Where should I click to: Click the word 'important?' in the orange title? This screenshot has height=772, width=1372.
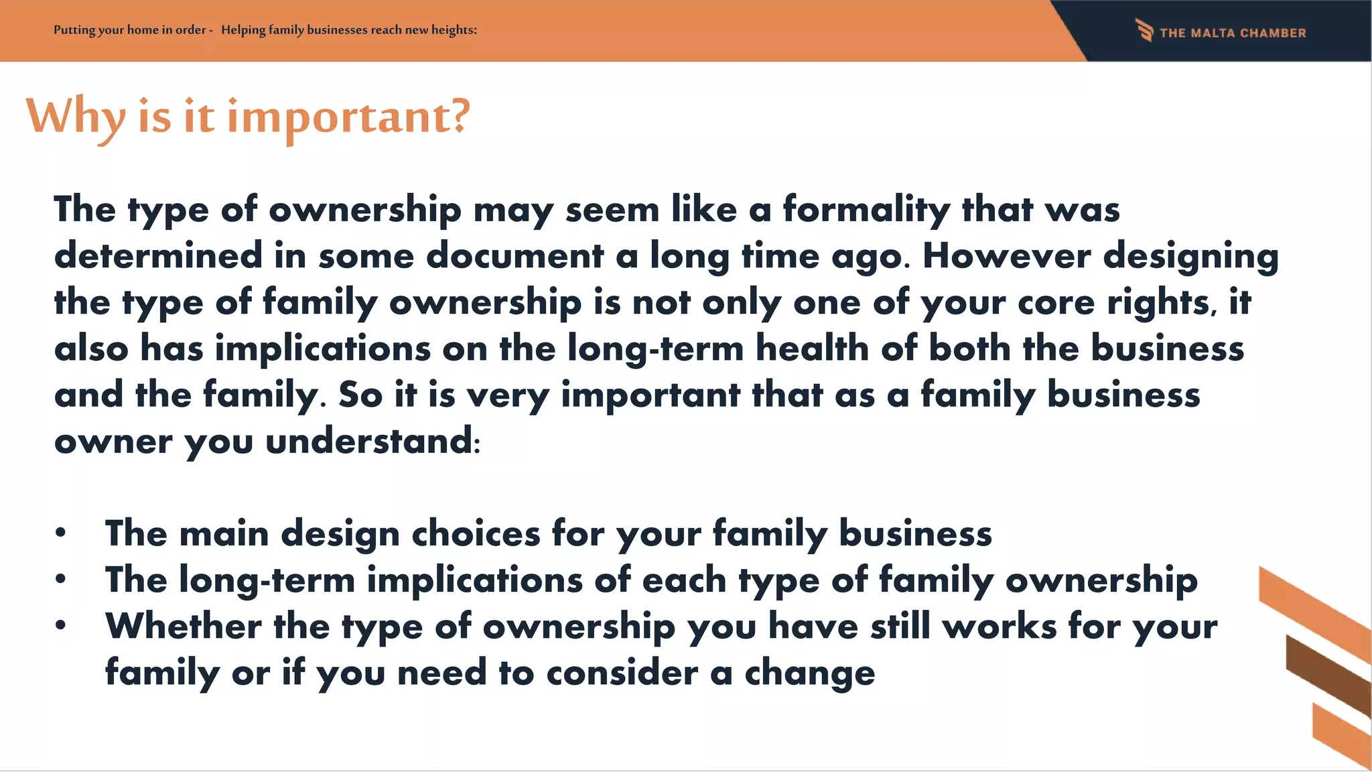[348, 117]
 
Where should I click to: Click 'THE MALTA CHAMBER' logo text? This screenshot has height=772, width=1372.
[1233, 33]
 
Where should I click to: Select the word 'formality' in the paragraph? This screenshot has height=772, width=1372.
[866, 210]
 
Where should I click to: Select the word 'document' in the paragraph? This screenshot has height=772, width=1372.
[514, 256]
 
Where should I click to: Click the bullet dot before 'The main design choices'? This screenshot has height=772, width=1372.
[61, 533]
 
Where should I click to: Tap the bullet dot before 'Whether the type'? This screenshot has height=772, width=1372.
[61, 625]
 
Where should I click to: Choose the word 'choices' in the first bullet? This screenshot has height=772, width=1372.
[476, 534]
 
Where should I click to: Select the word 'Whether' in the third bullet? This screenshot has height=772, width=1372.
[183, 626]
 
